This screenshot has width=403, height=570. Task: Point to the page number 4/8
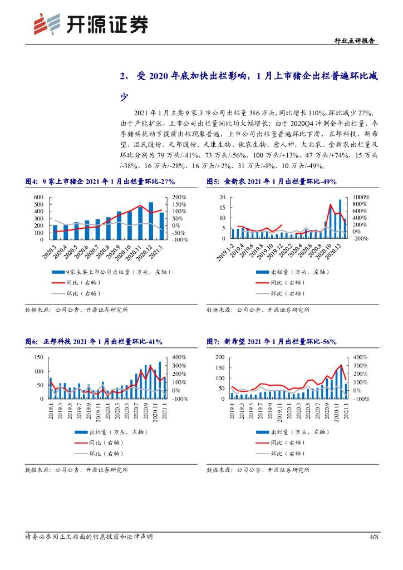click(x=373, y=537)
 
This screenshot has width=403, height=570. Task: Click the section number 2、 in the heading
click(x=126, y=76)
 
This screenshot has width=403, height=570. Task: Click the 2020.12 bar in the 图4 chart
click(x=150, y=221)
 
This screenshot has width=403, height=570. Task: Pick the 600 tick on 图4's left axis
click(x=38, y=197)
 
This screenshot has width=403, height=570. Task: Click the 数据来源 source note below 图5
click(x=258, y=309)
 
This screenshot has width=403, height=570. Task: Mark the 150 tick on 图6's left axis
click(x=38, y=357)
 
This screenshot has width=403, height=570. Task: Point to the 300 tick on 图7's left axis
click(x=219, y=357)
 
